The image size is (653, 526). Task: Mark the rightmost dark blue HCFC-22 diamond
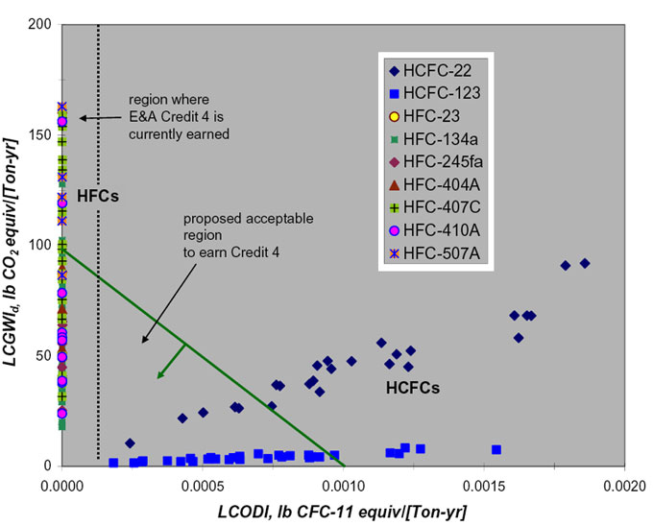(584, 263)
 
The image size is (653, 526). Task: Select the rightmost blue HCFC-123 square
(496, 449)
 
